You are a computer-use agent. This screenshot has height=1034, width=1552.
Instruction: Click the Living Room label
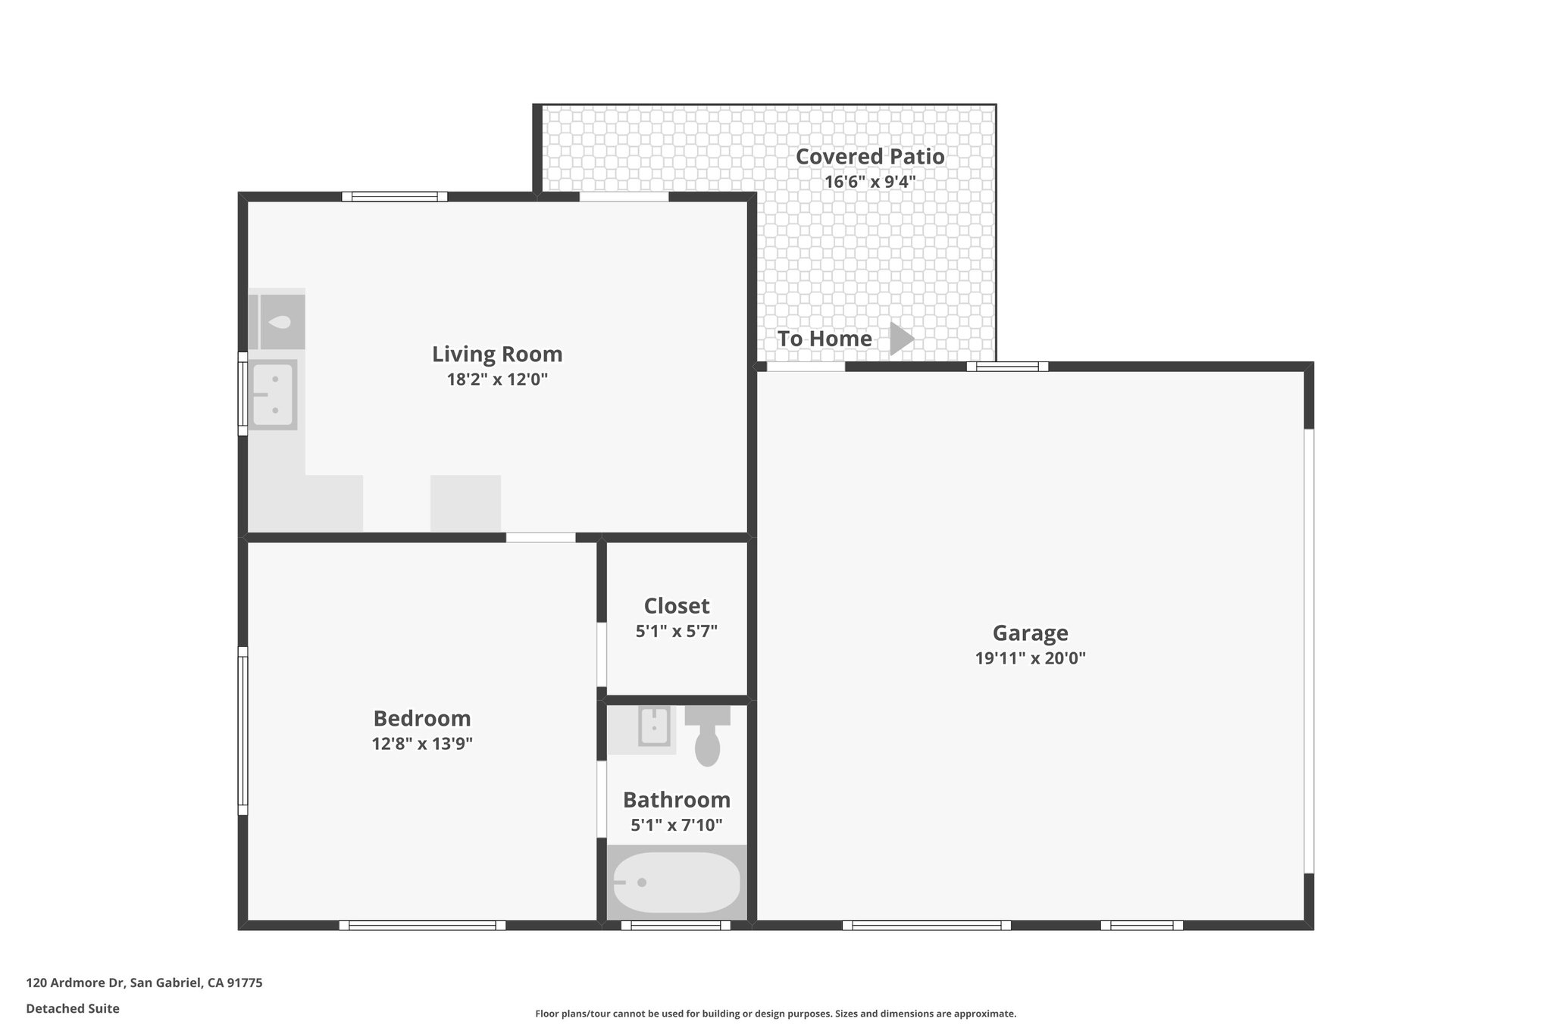[497, 354]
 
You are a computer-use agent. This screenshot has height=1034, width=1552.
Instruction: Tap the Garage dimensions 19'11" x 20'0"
[1030, 658]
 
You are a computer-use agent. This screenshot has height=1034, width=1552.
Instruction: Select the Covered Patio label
[870, 157]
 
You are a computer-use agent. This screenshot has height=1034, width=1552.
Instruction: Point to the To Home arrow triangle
[900, 339]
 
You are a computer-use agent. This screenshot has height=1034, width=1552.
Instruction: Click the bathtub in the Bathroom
[676, 882]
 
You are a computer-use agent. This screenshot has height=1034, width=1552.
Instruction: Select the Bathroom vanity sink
[653, 726]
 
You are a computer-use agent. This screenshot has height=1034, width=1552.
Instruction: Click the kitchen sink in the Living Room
[273, 395]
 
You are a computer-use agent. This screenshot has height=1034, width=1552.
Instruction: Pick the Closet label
[677, 606]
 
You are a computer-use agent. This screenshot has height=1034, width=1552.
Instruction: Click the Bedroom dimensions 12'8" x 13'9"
[422, 744]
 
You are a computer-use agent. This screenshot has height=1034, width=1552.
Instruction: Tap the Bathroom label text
[677, 800]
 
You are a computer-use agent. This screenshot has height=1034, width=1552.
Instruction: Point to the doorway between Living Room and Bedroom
[540, 538]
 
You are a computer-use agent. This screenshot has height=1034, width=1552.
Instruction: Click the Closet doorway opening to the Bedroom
[602, 654]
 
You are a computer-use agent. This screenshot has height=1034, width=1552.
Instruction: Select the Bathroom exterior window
[675, 925]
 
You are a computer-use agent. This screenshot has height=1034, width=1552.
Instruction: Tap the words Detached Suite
[73, 1009]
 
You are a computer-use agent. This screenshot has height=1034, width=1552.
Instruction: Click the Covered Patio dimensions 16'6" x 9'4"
[870, 182]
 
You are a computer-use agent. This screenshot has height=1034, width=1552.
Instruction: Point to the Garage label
[1030, 633]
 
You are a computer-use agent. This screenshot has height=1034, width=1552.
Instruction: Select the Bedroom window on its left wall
[242, 730]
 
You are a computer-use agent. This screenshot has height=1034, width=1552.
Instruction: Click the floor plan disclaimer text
[775, 1014]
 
